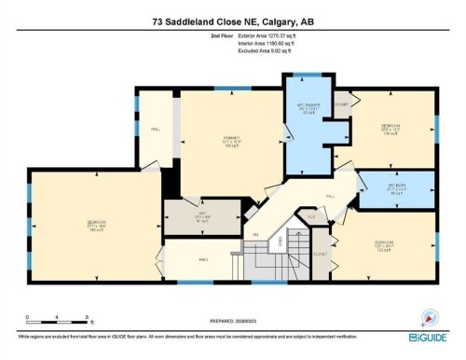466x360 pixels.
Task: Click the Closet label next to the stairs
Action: [322, 253]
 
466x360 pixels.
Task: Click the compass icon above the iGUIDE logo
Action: [430, 314]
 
